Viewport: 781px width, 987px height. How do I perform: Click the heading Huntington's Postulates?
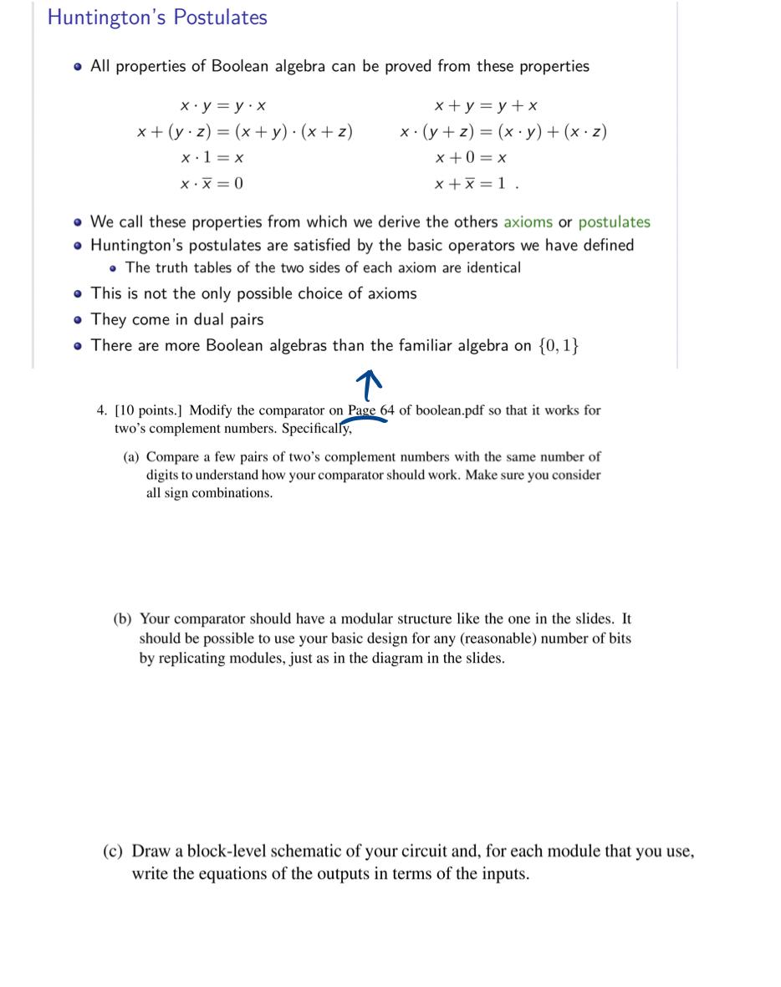(157, 18)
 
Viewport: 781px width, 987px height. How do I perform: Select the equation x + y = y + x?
(486, 105)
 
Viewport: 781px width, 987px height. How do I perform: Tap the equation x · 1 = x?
(212, 157)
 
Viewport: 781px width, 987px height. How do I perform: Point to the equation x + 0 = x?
(471, 157)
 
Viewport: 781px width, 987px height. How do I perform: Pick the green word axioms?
(528, 222)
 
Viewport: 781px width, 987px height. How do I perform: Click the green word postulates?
(614, 222)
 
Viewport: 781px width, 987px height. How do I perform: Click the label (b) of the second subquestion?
(123, 619)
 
